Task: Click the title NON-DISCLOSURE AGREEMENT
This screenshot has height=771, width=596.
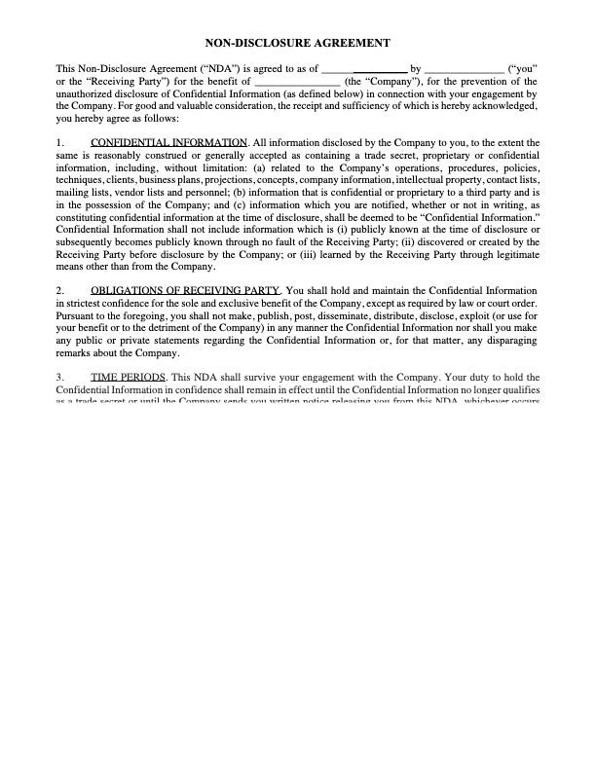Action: [x=299, y=43]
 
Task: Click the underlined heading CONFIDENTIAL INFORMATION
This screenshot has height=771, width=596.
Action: [x=168, y=143]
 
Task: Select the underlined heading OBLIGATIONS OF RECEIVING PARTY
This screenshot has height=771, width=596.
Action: [x=185, y=290]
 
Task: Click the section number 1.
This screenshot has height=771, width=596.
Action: [x=60, y=143]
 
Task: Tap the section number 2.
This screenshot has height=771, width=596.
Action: [x=60, y=290]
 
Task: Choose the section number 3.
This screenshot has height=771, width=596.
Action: [x=60, y=376]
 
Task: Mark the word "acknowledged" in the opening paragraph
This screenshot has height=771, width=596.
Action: [x=503, y=105]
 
